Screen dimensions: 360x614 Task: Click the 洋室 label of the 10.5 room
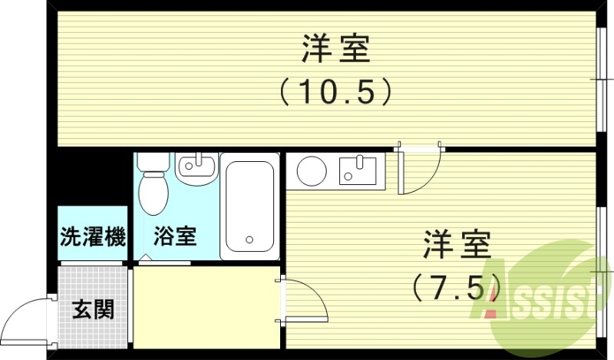tap(335, 51)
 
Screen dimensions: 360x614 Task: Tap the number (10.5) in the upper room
tap(335, 93)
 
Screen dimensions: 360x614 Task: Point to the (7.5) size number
tap(456, 289)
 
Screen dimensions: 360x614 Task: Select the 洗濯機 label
tap(92, 237)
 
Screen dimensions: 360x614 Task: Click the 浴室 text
tap(176, 236)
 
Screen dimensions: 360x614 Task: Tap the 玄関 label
tap(93, 310)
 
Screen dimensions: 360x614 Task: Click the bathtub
tap(249, 206)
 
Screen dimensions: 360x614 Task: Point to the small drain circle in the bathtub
tap(249, 239)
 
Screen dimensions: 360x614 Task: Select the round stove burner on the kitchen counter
tap(312, 171)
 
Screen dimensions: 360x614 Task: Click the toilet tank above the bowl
tap(154, 162)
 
